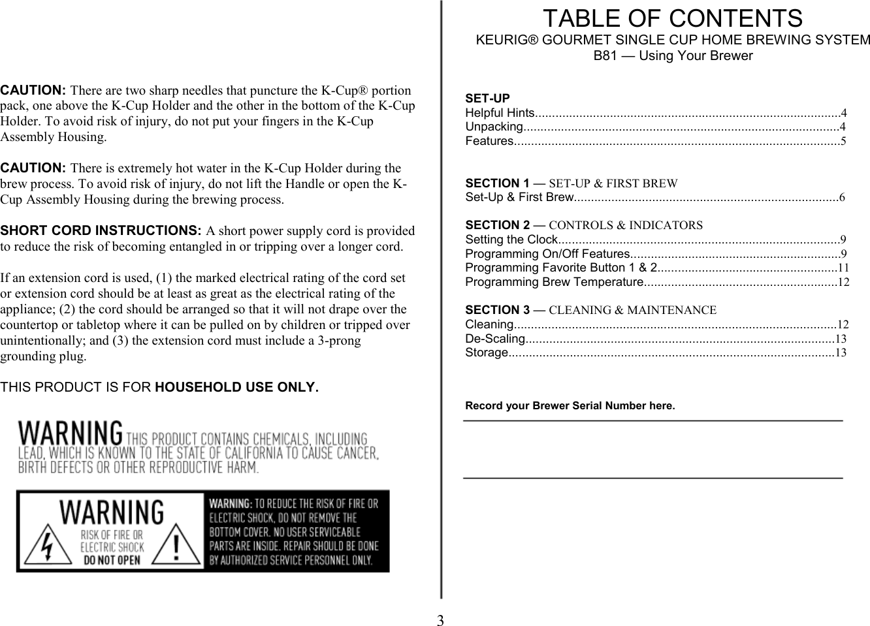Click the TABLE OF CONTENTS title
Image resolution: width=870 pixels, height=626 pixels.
[673, 18]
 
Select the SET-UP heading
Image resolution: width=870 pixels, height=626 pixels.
[487, 99]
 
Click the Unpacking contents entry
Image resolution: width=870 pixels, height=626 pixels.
[493, 127]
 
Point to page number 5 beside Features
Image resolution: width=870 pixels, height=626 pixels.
[843, 141]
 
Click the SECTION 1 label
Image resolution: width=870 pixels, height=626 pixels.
[497, 183]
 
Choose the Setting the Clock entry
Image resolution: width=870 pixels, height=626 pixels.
[509, 240]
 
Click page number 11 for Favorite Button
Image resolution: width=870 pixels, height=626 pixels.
[843, 268]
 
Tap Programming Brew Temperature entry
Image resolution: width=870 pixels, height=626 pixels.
[555, 282]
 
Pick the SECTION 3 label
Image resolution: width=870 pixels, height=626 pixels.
[497, 310]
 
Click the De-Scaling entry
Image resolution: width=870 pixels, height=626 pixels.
[494, 339]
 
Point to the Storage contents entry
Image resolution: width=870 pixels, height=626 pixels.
[486, 353]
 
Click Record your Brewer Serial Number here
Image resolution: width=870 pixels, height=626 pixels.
[570, 406]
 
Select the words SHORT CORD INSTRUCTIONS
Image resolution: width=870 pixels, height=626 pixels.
[101, 231]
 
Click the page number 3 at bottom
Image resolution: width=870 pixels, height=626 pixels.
[441, 620]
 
